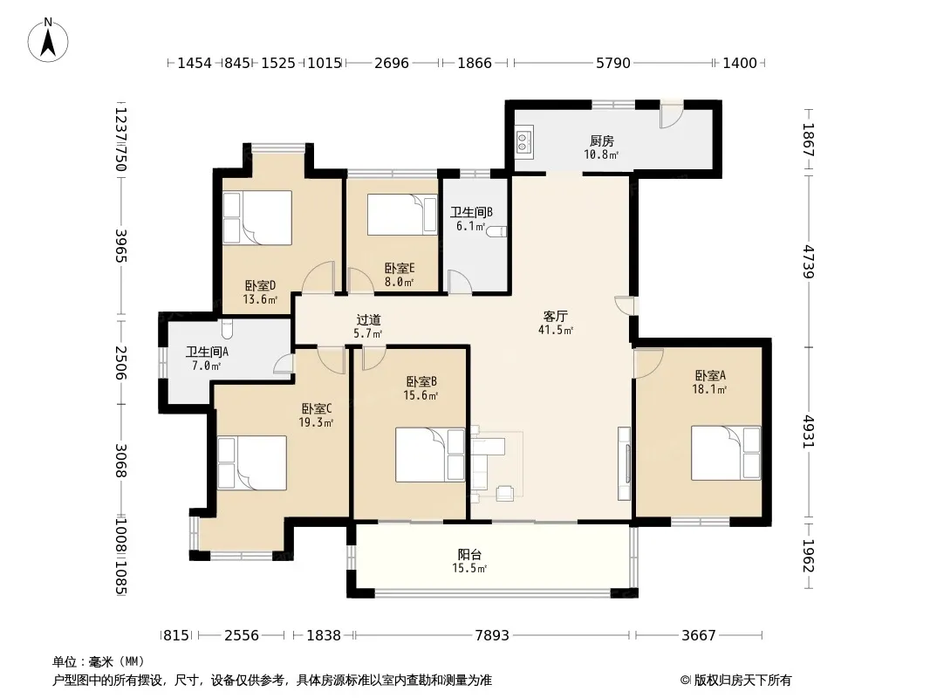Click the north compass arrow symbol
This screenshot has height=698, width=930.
click(x=48, y=40)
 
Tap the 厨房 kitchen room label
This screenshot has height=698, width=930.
click(x=601, y=141)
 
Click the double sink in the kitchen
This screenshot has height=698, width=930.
click(x=523, y=140)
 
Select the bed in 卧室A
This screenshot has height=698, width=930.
click(x=725, y=453)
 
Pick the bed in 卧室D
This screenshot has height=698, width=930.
click(x=257, y=217)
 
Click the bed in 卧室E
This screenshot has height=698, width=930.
click(x=402, y=215)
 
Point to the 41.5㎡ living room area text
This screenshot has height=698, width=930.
click(x=556, y=331)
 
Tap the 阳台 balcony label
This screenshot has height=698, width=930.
click(x=469, y=555)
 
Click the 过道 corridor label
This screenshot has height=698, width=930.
click(x=368, y=320)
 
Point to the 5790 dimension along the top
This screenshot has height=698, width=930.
click(x=612, y=63)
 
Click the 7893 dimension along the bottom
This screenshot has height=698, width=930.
click(x=492, y=636)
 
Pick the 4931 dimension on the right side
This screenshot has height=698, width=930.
click(x=809, y=432)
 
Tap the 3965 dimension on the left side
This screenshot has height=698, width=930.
click(x=121, y=245)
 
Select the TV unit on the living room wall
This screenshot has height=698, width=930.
click(x=624, y=462)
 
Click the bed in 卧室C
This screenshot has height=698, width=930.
click(x=252, y=463)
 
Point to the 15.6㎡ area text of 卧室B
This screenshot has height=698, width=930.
click(x=421, y=395)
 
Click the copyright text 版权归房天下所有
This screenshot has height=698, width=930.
click(x=742, y=681)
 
